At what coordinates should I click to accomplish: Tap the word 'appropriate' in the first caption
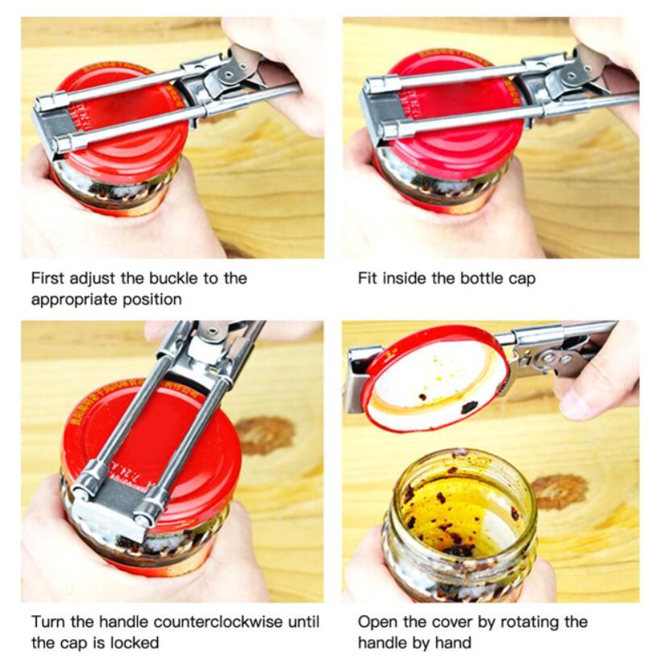(69, 299)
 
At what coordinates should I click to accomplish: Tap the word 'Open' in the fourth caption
(376, 622)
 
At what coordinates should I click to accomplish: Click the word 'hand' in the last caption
(455, 642)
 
